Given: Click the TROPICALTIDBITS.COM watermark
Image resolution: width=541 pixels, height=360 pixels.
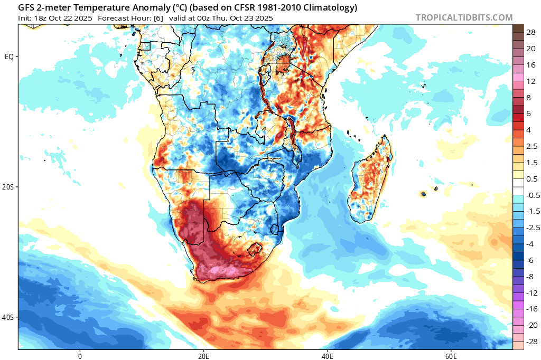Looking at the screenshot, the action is click(464, 17).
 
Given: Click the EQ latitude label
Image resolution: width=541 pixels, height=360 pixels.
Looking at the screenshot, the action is click(10, 57).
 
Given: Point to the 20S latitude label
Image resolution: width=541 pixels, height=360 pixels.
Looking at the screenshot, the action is click(8, 187).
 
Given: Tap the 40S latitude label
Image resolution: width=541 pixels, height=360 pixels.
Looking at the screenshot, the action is click(8, 317).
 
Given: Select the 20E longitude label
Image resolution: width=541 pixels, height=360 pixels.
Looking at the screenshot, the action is click(203, 356).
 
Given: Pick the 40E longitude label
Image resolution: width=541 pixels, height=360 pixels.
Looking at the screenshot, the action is click(327, 356).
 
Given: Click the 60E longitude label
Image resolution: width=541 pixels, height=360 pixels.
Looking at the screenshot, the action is click(451, 356).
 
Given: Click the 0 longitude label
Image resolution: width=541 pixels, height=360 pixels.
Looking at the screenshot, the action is click(80, 356).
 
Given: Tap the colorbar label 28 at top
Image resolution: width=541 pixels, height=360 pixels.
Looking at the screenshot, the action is click(531, 32).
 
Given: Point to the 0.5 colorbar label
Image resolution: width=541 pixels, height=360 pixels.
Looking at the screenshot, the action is click(531, 178).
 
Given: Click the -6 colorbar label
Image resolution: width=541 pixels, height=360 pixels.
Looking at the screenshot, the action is click(529, 260).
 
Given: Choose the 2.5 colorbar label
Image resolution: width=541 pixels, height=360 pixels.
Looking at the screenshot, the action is click(531, 146).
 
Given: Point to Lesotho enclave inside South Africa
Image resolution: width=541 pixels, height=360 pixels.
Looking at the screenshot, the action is click(255, 249).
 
